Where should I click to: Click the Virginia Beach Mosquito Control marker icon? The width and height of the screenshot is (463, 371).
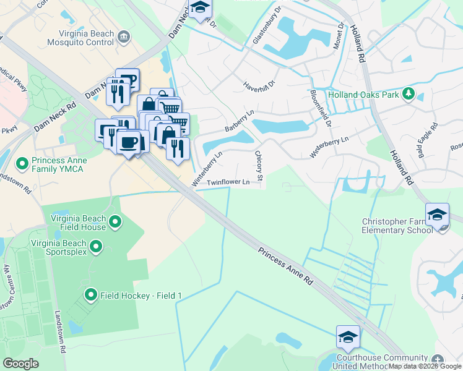pos(124,36)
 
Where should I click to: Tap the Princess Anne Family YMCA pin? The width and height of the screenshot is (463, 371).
pos(22,164)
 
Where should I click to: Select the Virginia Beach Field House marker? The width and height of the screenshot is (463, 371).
pos(115,221)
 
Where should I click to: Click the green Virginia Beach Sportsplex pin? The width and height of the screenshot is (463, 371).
pos(95,247)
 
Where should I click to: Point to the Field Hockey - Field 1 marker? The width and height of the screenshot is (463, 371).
pos(91,296)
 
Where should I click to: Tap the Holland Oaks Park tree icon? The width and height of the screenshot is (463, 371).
pos(408,94)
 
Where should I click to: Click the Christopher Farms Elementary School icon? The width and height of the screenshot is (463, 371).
pos(437,215)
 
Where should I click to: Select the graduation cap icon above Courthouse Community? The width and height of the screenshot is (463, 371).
pos(347,336)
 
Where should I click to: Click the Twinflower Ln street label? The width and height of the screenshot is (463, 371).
pos(228,182)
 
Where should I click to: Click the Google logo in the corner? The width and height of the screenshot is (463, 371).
pos(20,364)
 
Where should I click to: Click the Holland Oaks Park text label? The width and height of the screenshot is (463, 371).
pos(363,95)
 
